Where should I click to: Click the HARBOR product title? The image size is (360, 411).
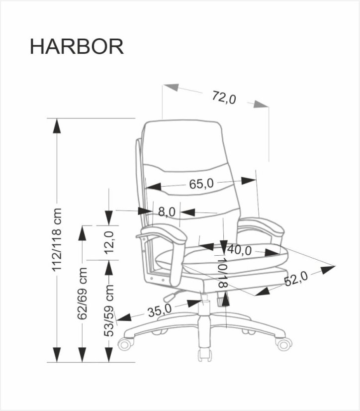(77, 46)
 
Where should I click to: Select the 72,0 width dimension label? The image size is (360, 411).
(224, 97)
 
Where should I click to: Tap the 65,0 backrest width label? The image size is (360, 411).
(201, 184)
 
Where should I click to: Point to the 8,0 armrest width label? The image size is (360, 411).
(167, 211)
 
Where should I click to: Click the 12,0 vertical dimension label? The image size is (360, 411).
(110, 242)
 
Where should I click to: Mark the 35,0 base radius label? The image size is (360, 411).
(159, 310)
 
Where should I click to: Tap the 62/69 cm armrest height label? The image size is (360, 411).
(83, 294)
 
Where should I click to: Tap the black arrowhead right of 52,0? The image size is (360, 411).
(328, 269)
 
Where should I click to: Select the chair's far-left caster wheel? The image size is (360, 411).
(125, 344)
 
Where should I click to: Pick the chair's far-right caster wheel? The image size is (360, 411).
(283, 344)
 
